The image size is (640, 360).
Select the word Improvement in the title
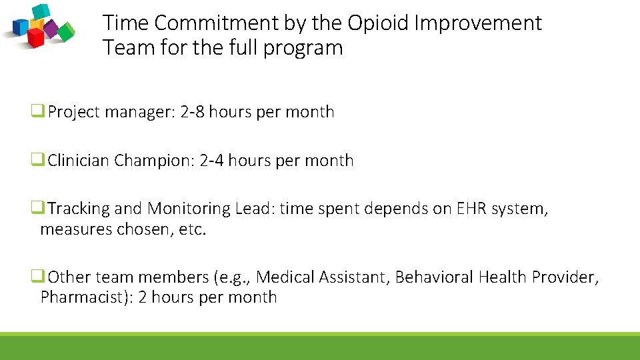pyautogui.click(x=478, y=24)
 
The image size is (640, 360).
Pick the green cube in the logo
pyautogui.click(x=66, y=31)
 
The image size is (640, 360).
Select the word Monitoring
pyautogui.click(x=189, y=209)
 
